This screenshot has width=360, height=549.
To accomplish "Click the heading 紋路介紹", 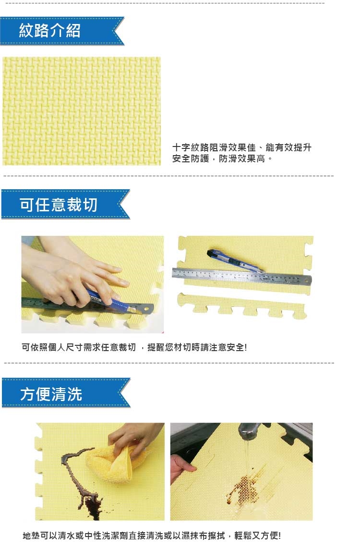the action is click(x=49, y=30).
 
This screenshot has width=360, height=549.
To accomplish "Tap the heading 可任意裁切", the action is click(x=58, y=205).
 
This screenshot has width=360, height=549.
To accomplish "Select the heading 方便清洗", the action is click(x=51, y=394).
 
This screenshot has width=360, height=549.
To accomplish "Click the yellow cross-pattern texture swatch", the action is click(x=82, y=111).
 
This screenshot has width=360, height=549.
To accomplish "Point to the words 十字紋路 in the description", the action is click(x=191, y=147).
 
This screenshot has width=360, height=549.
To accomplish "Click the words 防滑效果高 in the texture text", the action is click(x=242, y=159).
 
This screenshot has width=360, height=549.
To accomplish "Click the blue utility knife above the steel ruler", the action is click(x=235, y=261).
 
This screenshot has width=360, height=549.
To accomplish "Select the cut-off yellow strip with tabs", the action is click(x=242, y=305).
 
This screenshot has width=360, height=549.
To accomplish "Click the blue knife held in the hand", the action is click(x=111, y=301).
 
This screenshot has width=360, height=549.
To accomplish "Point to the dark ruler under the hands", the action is click(x=87, y=306).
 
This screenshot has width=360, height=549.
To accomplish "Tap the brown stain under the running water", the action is click(x=245, y=487).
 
